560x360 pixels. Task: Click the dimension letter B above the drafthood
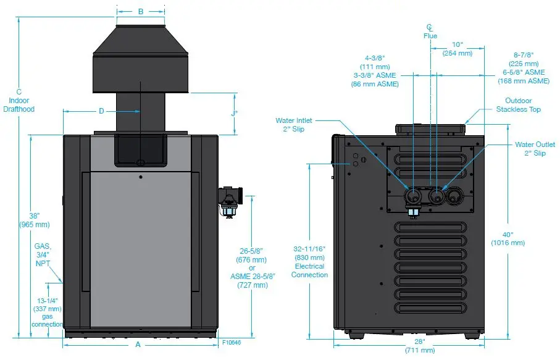[x=140, y=11]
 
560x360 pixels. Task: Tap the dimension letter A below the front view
[x=138, y=345]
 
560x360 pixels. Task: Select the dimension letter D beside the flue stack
[x=101, y=111]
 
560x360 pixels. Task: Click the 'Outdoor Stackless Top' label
[x=518, y=105]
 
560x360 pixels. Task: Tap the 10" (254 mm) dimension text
[x=457, y=49]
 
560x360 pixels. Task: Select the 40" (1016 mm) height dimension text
[x=508, y=238]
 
